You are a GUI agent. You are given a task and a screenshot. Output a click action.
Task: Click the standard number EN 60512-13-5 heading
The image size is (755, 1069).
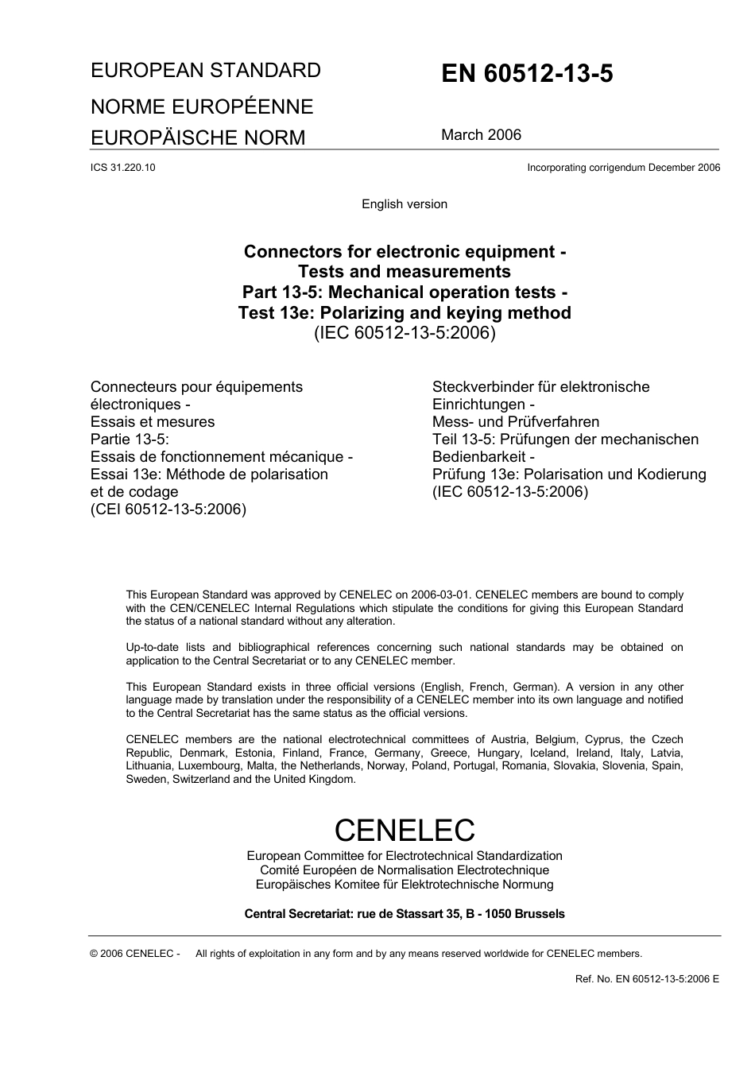pyautogui.click(x=527, y=74)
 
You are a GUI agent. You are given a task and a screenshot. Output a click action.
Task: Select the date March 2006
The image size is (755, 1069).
pyautogui.click(x=481, y=135)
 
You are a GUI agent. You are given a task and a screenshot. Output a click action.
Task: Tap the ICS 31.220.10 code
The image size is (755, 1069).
pyautogui.click(x=123, y=168)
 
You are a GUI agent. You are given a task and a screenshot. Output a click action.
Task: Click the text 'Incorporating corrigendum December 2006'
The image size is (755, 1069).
pyautogui.click(x=623, y=168)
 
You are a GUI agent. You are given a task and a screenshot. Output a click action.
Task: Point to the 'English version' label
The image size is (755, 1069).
pyautogui.click(x=405, y=204)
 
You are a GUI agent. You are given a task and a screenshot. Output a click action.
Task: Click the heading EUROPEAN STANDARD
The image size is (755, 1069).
pyautogui.click(x=206, y=71)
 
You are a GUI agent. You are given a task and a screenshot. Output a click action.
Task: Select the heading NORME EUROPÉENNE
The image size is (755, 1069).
pyautogui.click(x=202, y=107)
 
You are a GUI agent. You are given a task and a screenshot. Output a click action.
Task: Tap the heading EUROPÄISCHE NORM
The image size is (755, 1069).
pyautogui.click(x=198, y=138)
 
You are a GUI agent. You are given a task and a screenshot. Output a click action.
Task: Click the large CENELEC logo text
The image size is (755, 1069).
pyautogui.click(x=405, y=831)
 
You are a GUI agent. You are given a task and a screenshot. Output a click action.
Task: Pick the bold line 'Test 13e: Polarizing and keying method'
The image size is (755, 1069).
pyautogui.click(x=405, y=312)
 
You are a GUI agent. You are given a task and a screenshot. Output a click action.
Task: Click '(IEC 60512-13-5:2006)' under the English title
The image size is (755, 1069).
pyautogui.click(x=405, y=333)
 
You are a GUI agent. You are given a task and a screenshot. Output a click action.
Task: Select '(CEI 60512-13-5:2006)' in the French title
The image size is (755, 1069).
pyautogui.click(x=168, y=509)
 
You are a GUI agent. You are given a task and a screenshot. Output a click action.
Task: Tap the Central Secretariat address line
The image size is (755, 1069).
pyautogui.click(x=405, y=914)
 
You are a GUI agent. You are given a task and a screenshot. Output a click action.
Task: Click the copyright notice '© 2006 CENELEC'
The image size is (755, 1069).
pyautogui.click(x=135, y=954)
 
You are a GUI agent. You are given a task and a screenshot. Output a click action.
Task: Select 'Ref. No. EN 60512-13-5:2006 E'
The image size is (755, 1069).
pyautogui.click(x=647, y=979)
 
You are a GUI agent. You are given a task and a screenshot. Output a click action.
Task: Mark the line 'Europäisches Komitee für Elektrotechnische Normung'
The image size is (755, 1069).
pyautogui.click(x=405, y=885)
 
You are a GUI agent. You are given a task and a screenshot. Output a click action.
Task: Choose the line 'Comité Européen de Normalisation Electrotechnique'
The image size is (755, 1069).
pyautogui.click(x=405, y=870)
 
